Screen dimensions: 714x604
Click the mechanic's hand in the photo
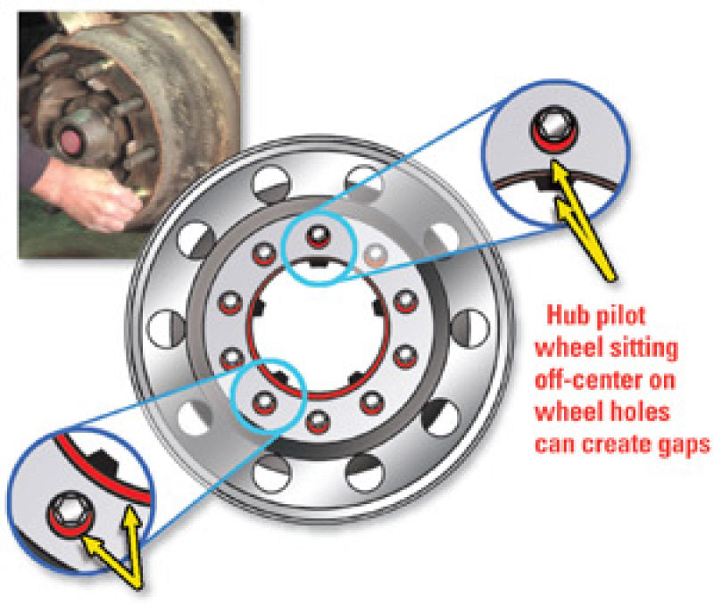[91, 195]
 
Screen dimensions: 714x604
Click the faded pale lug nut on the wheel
[375, 256]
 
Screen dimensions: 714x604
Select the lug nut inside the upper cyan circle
[318, 236]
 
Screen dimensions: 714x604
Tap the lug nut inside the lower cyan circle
[264, 403]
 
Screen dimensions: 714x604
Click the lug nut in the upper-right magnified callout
[553, 129]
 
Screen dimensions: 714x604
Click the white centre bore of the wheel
[319, 328]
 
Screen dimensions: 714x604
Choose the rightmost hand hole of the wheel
[471, 328]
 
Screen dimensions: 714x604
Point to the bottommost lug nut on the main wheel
[318, 421]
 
